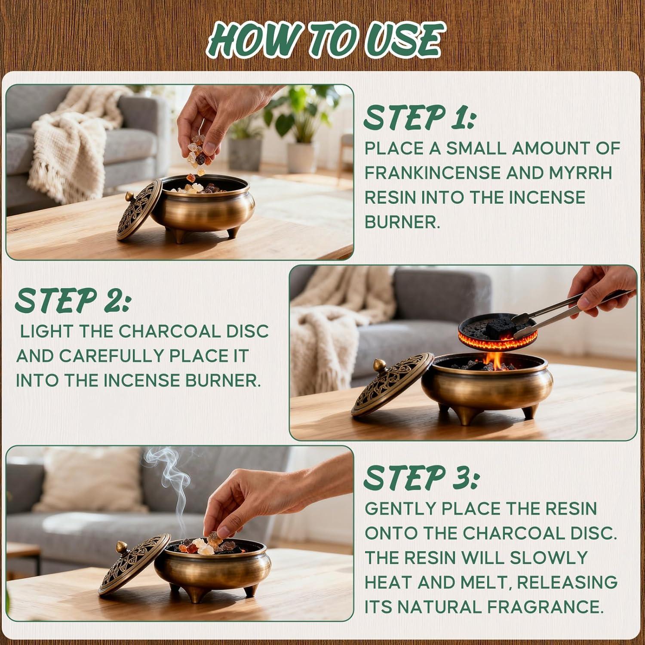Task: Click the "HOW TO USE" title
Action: point(325,41)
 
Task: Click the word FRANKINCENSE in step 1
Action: point(432,173)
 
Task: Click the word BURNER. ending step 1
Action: point(402,222)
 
